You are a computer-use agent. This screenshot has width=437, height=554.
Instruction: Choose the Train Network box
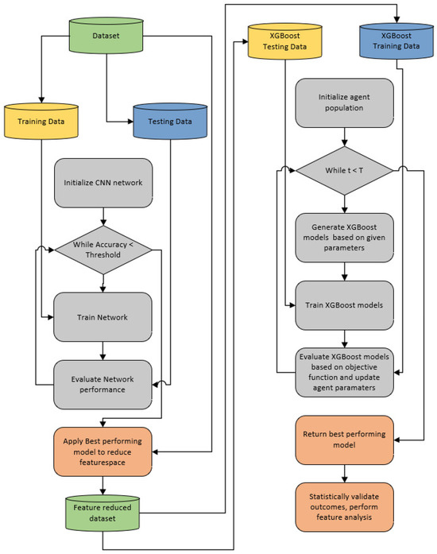103,317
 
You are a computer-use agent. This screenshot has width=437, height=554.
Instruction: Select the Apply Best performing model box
103,452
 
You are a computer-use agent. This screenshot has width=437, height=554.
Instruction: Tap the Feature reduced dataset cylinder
103,512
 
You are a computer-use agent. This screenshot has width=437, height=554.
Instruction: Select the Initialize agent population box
344,102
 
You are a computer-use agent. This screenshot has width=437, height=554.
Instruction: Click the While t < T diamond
344,169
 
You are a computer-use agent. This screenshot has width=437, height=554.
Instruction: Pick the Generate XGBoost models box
344,238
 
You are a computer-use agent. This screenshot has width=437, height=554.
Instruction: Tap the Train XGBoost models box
344,304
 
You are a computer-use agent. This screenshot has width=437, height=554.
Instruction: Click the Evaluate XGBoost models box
344,371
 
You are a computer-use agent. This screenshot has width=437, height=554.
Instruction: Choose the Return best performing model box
344,440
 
